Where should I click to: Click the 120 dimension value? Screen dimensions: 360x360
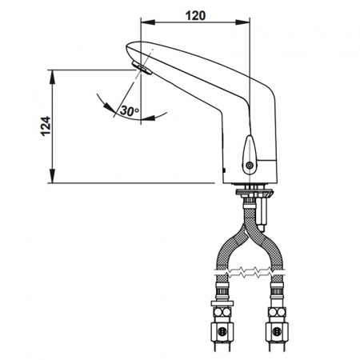195,16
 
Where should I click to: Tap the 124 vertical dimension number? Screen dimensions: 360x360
46,126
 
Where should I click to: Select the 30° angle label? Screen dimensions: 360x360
130,110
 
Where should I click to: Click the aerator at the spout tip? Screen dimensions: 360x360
142,68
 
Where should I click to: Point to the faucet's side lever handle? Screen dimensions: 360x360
250,154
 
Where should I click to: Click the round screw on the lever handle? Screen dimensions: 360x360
250,166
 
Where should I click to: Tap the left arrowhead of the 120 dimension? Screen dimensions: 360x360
148,22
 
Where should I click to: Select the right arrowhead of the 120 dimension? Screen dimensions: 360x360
242,22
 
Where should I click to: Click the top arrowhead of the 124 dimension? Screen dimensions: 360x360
53,77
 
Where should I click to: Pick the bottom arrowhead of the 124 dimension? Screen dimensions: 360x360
53,176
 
